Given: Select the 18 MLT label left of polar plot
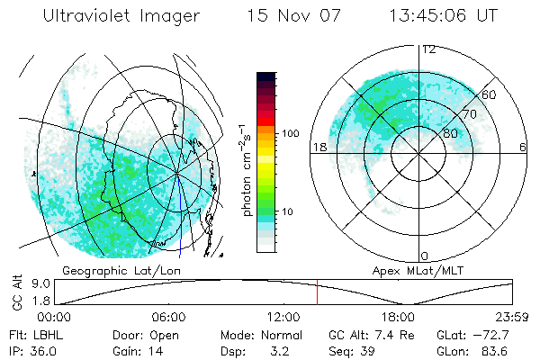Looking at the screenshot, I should (317, 147).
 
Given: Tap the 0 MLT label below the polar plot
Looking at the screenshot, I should (424, 256).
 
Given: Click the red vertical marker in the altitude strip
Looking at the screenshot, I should (317, 293).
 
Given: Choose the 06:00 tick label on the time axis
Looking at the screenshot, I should (168, 318).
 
